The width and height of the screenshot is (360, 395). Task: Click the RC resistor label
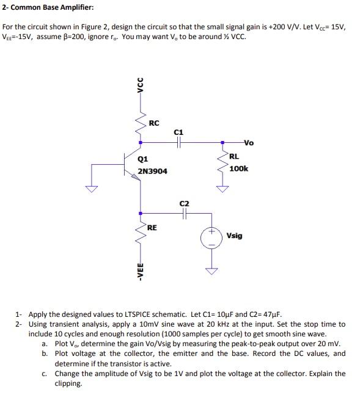tap(153, 123)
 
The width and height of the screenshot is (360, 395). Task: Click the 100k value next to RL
tap(239, 168)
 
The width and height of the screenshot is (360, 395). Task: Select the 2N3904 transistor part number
tap(153, 172)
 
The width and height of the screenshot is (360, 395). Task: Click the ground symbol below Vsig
tap(211, 271)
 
